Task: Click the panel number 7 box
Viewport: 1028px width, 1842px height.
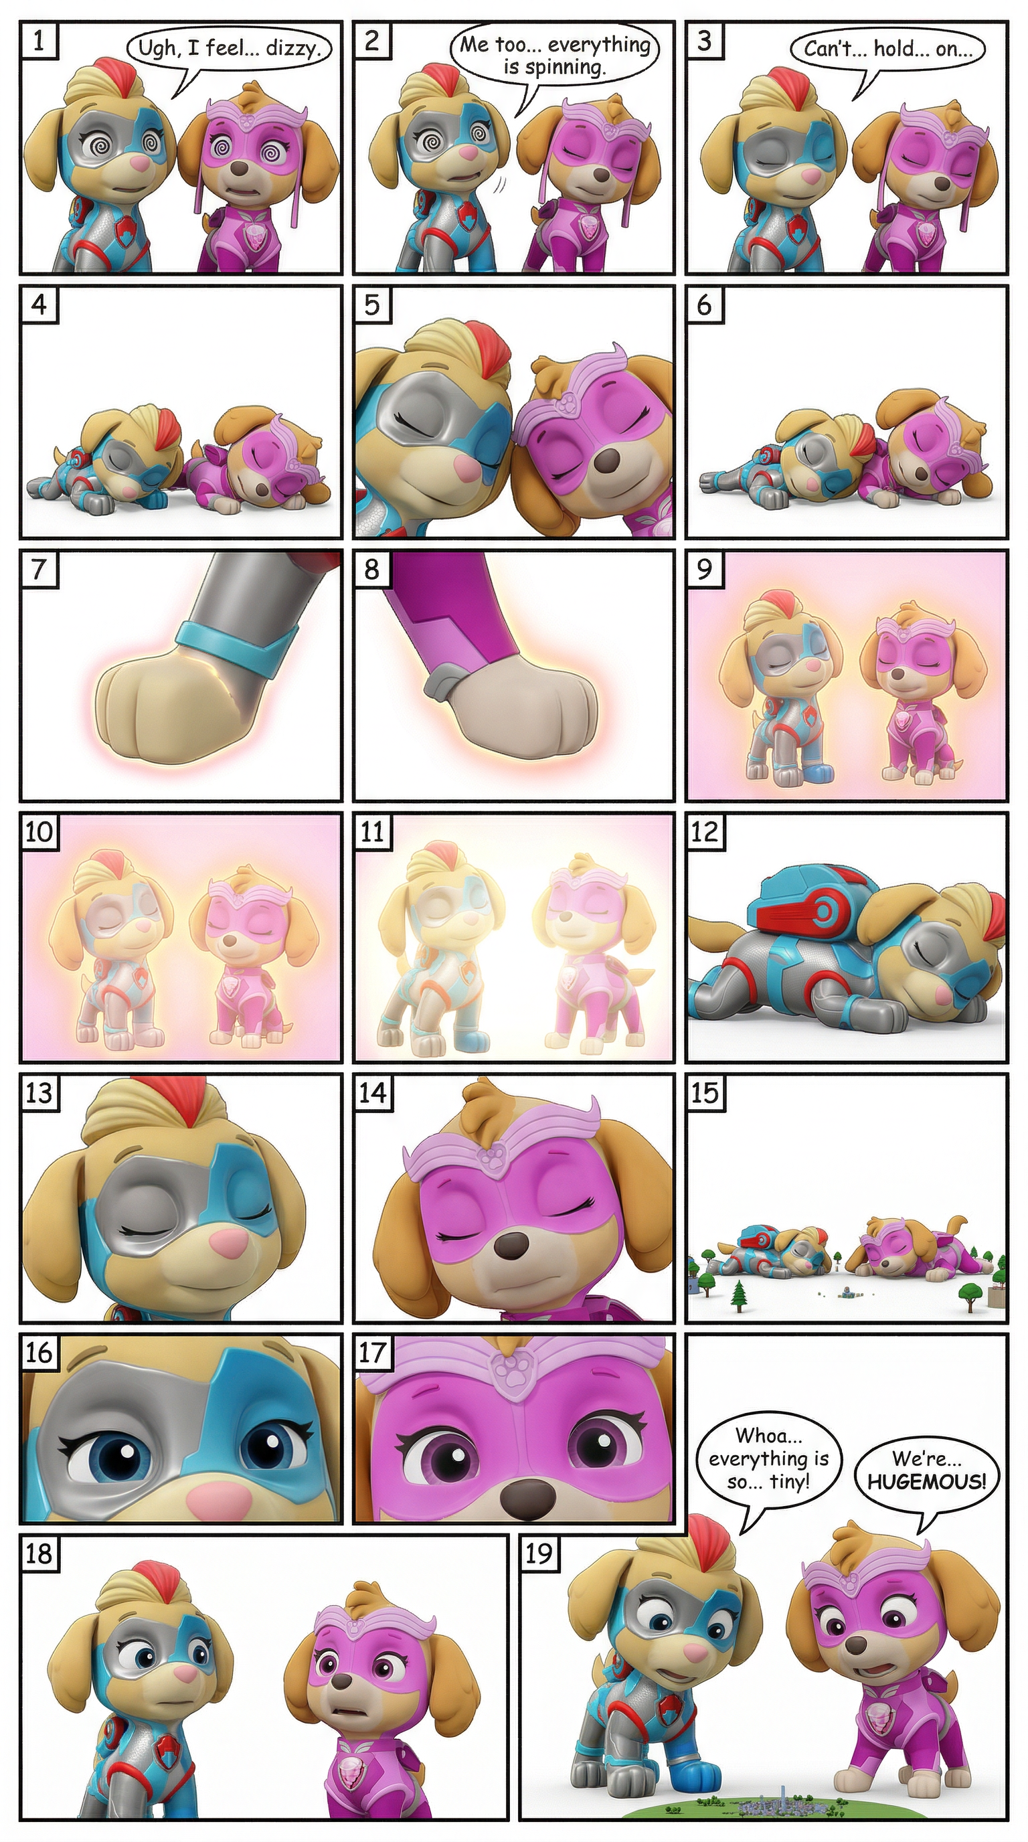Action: (x=39, y=569)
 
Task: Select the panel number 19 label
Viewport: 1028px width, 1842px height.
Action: (x=539, y=1553)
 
